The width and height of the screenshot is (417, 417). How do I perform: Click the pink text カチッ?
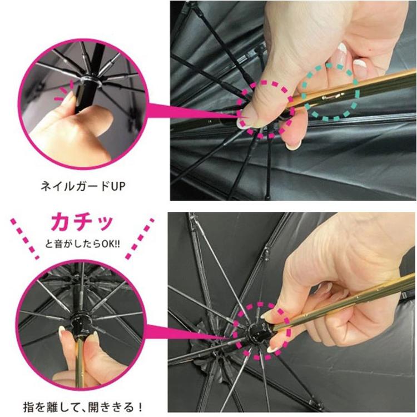[x=82, y=222]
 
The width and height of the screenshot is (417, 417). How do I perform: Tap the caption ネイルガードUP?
[x=83, y=186]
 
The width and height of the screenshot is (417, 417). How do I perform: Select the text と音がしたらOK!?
[x=82, y=244]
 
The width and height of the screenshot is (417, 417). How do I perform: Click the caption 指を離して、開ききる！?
[x=83, y=407]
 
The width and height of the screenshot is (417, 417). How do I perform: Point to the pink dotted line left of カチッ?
[x=24, y=239]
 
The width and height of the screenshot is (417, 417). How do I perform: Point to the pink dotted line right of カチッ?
[x=140, y=239]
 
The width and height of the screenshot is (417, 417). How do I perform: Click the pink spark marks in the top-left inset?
[x=64, y=92]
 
